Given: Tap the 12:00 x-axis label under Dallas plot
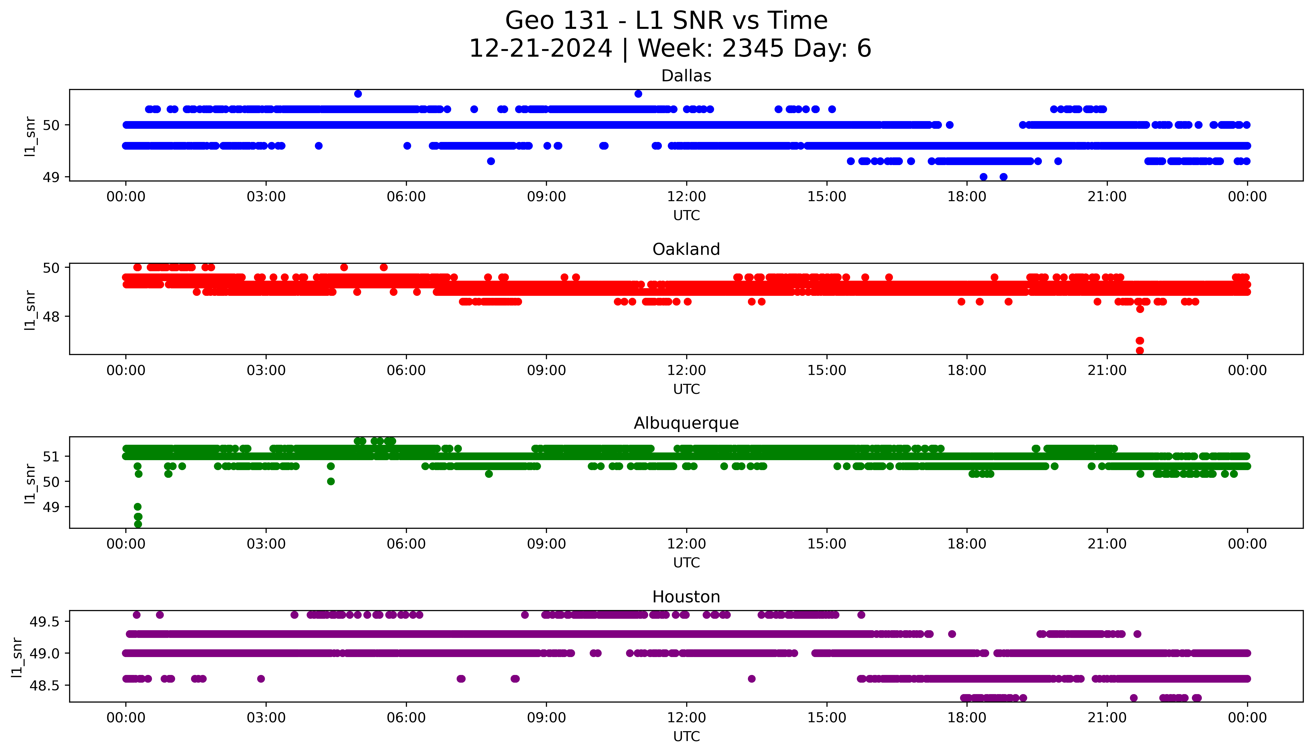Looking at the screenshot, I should point(686,197).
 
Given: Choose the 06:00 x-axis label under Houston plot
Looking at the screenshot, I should point(406,718).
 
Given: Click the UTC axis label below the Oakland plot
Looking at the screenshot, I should point(686,389).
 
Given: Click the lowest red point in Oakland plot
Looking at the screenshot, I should point(1139,351).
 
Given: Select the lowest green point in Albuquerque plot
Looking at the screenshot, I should point(138,524).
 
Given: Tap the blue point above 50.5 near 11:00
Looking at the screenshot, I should point(638,94).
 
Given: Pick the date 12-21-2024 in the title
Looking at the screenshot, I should point(540,49).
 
